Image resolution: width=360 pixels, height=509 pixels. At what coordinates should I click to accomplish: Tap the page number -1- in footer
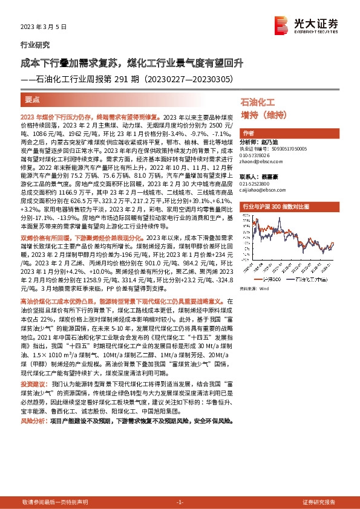point(180,502)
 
